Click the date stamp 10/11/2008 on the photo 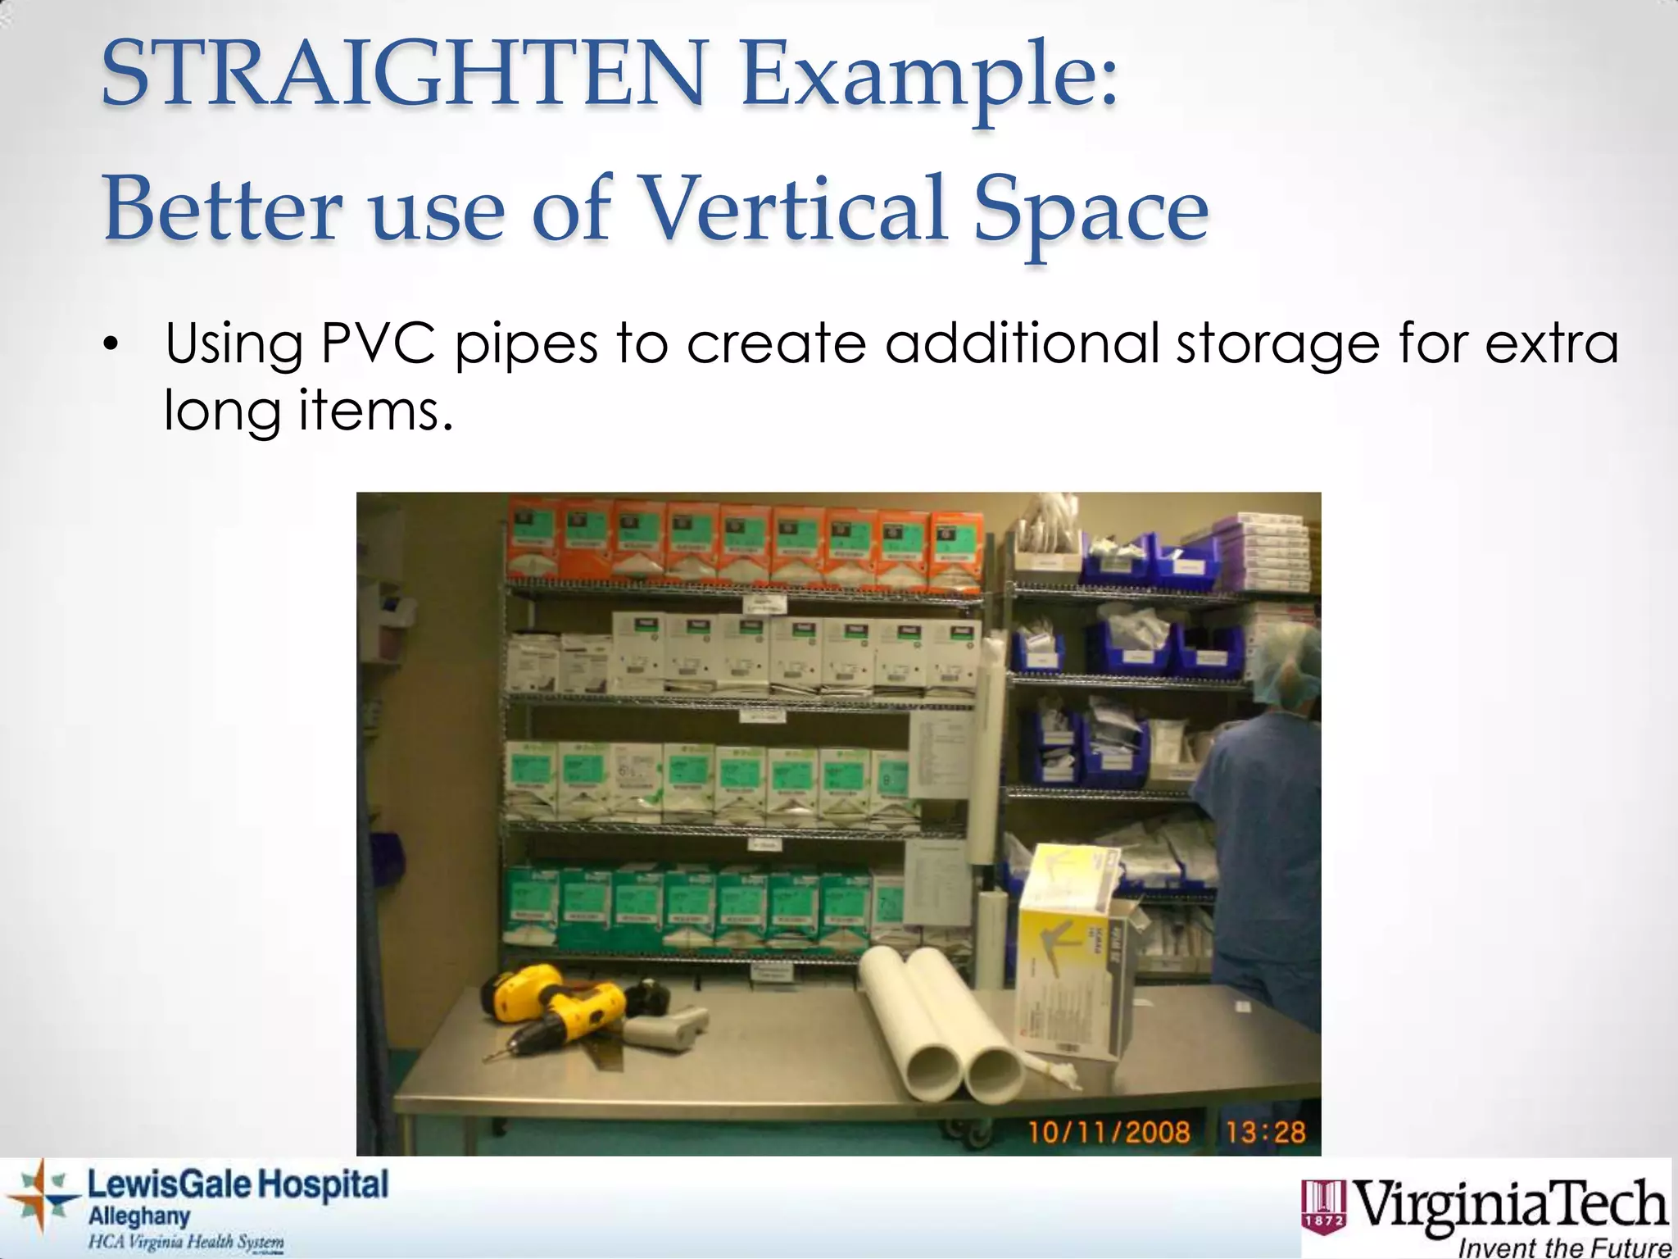pos(1109,1132)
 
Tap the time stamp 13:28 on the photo pos(1265,1132)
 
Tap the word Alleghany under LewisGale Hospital pos(138,1216)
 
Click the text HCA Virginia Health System pos(186,1242)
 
